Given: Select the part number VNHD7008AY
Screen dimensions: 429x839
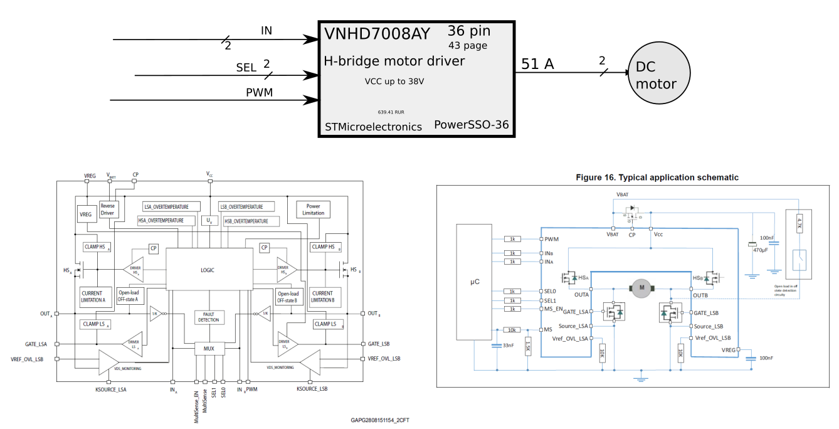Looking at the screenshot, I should (377, 34).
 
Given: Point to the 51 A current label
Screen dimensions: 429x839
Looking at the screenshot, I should (538, 63).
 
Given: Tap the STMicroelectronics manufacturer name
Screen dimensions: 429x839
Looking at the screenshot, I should (373, 127).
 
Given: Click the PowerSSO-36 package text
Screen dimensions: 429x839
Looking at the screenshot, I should (472, 125).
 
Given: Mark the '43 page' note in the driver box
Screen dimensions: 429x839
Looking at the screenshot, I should (468, 46).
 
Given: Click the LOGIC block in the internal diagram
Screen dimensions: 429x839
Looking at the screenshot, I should (208, 270).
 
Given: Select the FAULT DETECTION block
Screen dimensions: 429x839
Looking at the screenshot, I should (209, 317).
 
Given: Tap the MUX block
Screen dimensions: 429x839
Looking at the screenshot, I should (209, 347).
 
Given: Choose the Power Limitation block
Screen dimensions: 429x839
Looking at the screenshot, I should (313, 209).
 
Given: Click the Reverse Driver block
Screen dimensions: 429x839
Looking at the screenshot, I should (108, 209).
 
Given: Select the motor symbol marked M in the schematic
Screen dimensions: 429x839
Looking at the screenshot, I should (641, 288).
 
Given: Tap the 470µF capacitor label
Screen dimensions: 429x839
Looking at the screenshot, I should (761, 250).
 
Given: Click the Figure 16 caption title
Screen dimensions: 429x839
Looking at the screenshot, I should (657, 177).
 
